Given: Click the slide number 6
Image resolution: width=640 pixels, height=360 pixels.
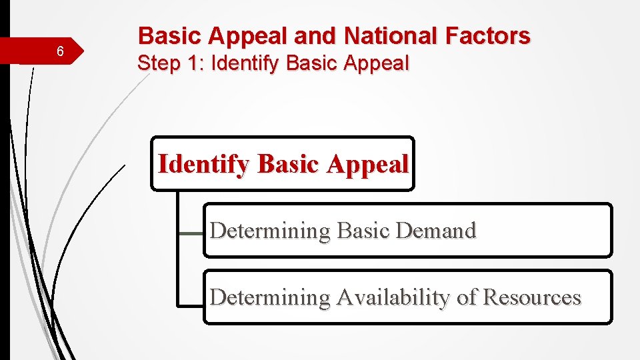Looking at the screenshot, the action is pos(60,52).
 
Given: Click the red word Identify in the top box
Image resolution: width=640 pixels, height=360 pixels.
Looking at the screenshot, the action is pos(205,164).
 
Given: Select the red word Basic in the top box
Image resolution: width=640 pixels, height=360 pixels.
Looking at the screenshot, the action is pos(288,164).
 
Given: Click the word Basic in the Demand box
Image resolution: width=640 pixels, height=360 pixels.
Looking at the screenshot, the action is pos(363,231).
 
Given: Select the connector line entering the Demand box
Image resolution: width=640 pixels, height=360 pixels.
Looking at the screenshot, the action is pos(191,233).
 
